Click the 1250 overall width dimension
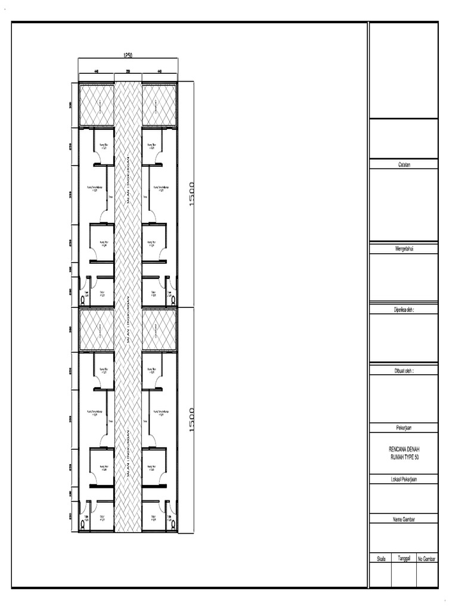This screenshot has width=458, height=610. tap(128, 55)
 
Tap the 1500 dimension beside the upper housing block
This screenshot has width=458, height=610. tap(192, 194)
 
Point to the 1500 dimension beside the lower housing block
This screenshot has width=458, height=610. tap(192, 420)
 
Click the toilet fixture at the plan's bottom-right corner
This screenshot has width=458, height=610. tap(174, 524)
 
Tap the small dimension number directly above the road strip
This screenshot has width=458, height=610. tap(128, 71)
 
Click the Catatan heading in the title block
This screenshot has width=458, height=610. tap(403, 165)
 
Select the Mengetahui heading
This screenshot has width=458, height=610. tap(403, 248)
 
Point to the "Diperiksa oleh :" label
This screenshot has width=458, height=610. tap(403, 309)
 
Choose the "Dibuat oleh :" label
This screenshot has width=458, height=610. tap(403, 370)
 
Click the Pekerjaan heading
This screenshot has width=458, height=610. tap(403, 428)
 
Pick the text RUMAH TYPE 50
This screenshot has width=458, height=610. tap(403, 456)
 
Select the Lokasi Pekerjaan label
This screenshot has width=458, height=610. tap(403, 478)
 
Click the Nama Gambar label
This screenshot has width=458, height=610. tap(403, 519)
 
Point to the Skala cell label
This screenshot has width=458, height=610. tap(380, 559)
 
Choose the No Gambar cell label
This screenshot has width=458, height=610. tap(427, 559)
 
